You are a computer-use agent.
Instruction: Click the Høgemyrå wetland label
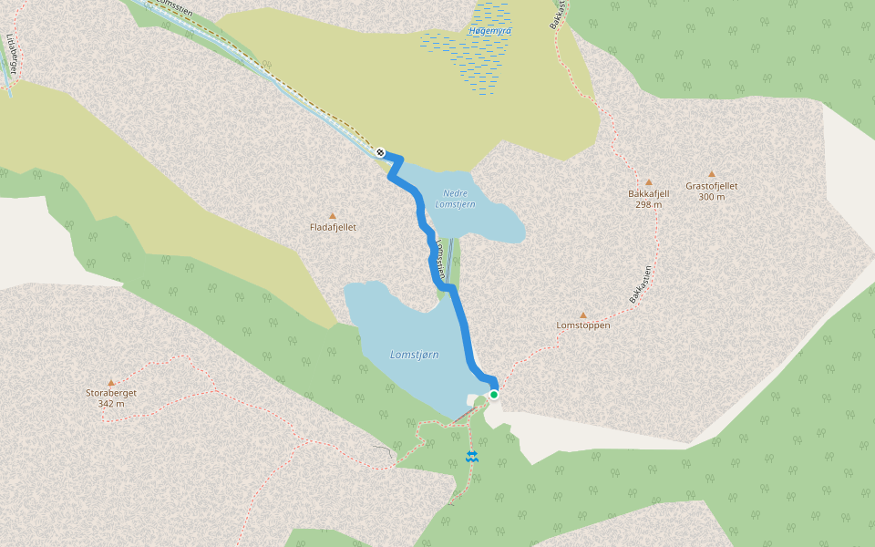490,31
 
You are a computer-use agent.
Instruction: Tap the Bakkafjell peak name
649,193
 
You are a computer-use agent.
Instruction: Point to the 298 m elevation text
649,204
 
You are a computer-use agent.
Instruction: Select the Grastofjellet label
712,186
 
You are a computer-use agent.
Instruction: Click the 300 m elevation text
712,197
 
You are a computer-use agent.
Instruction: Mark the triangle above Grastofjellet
712,174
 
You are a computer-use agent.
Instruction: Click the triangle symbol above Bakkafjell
649,181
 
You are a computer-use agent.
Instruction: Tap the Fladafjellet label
333,227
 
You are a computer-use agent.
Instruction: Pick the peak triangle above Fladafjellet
332,216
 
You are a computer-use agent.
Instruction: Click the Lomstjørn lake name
415,354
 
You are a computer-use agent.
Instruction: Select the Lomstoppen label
583,325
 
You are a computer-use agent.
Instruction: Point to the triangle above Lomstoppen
583,315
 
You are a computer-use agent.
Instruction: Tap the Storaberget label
111,393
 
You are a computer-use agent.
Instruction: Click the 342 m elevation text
111,403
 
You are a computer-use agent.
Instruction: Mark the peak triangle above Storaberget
111,382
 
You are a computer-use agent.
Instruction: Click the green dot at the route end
494,394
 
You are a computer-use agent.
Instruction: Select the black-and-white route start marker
380,152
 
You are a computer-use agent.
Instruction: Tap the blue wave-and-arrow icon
472,456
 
